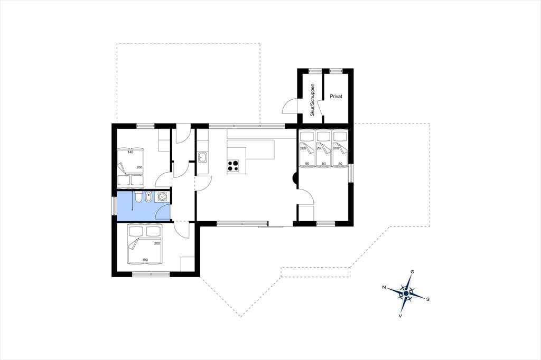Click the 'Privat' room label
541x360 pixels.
pos(335,97)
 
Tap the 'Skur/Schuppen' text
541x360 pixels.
pos(313,100)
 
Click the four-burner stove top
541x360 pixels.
pos(234,166)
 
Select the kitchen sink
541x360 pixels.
pos(202,158)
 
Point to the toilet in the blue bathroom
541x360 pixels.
pos(138,197)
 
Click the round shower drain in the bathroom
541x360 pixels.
pos(162,197)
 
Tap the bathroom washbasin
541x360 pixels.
pos(148,197)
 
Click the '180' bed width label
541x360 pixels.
pos(145,260)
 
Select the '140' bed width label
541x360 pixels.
pos(130,151)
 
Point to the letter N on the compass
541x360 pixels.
pos(384,287)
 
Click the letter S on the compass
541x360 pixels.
pos(428,299)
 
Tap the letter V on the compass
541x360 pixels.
pos(400,315)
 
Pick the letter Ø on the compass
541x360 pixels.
pos(412,272)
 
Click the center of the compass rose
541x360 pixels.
pos(406,293)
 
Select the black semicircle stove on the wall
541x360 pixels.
pos(295,178)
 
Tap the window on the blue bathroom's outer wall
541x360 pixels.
pos(114,206)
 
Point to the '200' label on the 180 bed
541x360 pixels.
pos(157,243)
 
